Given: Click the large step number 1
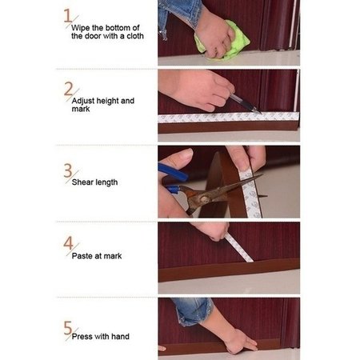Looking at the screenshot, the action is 68,15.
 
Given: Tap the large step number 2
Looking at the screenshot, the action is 68,89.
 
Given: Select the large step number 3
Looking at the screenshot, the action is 68,170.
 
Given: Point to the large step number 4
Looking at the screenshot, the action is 68,242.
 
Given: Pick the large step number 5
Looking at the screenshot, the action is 68,328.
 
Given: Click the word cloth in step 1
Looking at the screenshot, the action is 135,36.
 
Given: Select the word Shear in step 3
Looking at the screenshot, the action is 82,182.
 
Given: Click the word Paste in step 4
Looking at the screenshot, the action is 82,256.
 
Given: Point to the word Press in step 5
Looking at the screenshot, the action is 82,337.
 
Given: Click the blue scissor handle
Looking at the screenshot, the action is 173,172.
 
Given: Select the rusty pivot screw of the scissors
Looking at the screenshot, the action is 204,199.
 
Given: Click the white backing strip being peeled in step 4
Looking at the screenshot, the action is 238,247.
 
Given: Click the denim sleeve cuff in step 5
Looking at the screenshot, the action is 194,312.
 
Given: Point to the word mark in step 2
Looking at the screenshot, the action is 81,109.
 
